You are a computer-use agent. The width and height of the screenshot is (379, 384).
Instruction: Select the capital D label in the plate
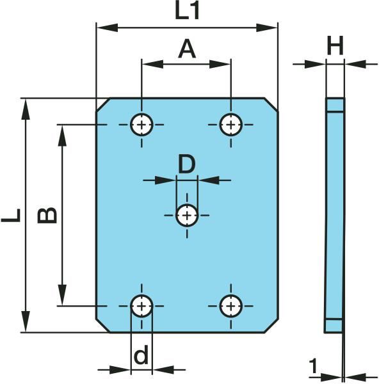point(187,163)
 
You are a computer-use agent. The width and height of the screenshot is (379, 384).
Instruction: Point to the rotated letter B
point(47,215)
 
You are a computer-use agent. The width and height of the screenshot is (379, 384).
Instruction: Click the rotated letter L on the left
point(11,215)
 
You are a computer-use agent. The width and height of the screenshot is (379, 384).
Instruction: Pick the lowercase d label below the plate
point(141,354)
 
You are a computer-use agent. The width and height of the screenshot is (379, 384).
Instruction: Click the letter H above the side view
point(335,45)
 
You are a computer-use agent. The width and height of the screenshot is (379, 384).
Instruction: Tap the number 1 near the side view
point(313,365)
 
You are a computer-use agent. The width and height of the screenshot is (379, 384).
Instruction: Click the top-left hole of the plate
point(141,125)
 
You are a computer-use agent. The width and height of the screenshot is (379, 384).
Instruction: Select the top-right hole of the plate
point(231,125)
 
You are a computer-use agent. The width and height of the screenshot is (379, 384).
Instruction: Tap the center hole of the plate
point(187,216)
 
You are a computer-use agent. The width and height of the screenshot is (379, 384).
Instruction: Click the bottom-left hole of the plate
point(141,306)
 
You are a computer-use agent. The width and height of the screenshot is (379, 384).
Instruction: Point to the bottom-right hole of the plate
point(231,306)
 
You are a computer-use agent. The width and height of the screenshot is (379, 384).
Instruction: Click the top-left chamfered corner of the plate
point(103,105)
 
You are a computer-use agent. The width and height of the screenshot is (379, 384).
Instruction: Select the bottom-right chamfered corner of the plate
point(271,326)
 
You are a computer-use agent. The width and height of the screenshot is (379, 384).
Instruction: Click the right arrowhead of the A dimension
point(220,64)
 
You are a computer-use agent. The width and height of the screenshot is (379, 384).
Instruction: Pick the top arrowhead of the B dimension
point(62,136)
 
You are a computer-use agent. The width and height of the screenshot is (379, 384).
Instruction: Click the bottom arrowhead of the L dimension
point(26,321)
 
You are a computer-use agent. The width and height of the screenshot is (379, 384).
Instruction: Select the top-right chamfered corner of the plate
point(271,105)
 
